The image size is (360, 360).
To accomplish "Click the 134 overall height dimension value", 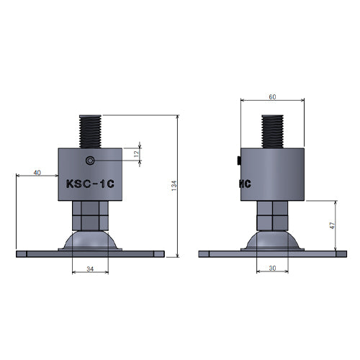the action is (x=174, y=186).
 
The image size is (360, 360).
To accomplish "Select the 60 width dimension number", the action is (x=272, y=97).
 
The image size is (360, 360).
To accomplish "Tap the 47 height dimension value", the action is (x=332, y=225).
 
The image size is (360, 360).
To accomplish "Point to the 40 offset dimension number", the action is (x=37, y=173).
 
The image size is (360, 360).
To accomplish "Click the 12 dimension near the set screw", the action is (x=137, y=154).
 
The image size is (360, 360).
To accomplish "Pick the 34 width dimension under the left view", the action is (x=90, y=269).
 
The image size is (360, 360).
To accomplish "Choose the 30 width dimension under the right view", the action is (x=272, y=269).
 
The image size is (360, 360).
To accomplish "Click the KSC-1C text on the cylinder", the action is (x=90, y=184).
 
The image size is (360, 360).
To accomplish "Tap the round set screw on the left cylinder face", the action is (x=90, y=161).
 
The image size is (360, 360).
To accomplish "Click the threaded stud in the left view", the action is (x=90, y=132).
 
